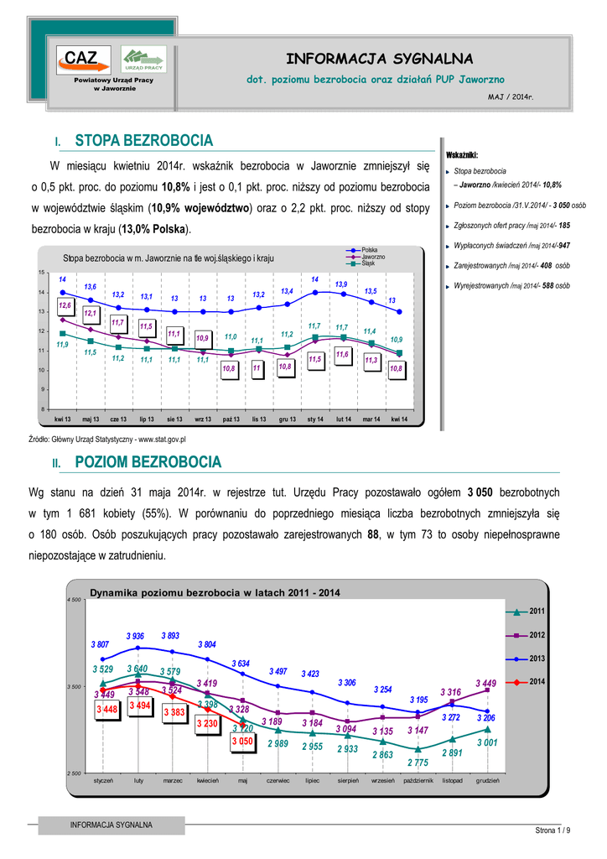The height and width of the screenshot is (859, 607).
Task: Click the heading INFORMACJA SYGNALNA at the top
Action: (380, 58)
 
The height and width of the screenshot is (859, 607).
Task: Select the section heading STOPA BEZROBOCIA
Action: (144, 140)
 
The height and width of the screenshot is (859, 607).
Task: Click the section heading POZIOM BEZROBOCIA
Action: (148, 462)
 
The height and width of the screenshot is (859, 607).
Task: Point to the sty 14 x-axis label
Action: (316, 418)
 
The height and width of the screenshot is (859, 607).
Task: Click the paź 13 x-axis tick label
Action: (231, 418)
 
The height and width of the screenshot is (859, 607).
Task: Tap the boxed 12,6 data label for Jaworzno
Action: (65, 307)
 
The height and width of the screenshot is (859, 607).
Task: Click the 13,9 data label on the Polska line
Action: (341, 284)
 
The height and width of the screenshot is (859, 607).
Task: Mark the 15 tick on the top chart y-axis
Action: (41, 273)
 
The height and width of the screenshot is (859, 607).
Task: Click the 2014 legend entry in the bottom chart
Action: (537, 680)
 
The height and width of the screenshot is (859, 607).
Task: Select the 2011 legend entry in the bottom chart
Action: (537, 611)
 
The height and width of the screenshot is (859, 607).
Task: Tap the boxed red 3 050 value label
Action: (242, 742)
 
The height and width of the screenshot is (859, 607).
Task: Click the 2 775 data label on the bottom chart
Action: (417, 763)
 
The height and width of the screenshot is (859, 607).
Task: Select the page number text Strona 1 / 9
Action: (553, 830)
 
